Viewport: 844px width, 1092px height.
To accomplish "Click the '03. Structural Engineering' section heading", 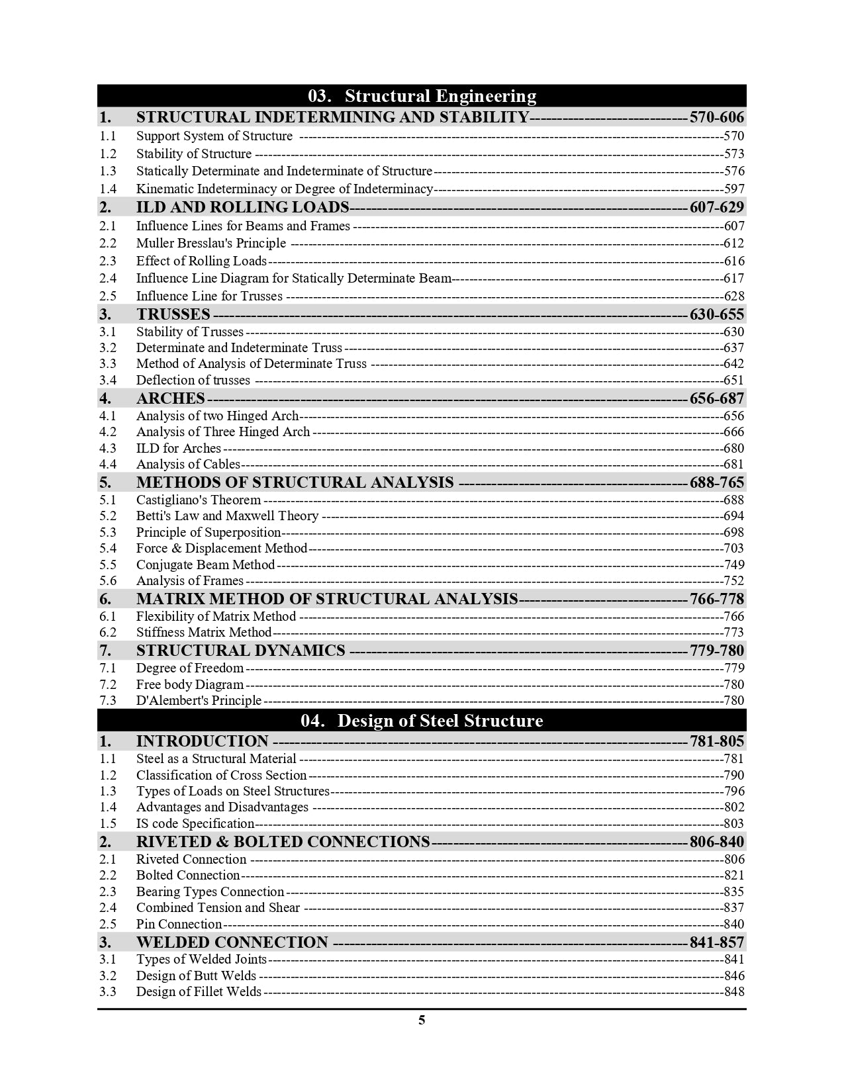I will (x=422, y=96).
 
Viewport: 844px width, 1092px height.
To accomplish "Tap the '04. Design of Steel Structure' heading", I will (x=422, y=721).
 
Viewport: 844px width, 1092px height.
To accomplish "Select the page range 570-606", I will (x=717, y=118).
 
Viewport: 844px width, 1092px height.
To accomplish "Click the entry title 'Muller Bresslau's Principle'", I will (x=211, y=244).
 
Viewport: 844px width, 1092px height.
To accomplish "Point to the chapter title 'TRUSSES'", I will (x=173, y=314).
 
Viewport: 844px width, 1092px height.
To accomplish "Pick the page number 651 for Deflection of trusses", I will (x=733, y=381).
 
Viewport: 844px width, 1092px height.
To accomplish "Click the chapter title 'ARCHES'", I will (x=170, y=398).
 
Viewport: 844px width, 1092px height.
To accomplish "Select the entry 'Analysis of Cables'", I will (x=188, y=465).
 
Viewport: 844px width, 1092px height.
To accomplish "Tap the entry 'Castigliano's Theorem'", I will (x=199, y=500).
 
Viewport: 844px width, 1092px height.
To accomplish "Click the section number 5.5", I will (x=108, y=565).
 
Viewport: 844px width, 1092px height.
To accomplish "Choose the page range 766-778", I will (x=717, y=600).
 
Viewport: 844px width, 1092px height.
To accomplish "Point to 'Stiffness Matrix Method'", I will (x=204, y=633).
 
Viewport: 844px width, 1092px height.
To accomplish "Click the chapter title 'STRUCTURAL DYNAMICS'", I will (x=240, y=651).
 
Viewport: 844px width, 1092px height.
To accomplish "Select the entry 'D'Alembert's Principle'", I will (x=199, y=701).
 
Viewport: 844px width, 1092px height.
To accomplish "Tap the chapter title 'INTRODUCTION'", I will (x=202, y=742).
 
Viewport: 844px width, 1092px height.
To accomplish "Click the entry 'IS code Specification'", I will (x=195, y=824).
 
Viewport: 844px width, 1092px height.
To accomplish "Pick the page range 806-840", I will (x=717, y=842).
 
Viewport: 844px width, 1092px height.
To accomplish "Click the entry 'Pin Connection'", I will (x=179, y=925).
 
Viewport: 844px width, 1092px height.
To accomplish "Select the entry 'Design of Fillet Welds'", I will (x=199, y=992).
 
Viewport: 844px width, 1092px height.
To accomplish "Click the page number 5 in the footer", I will (x=422, y=1020).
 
